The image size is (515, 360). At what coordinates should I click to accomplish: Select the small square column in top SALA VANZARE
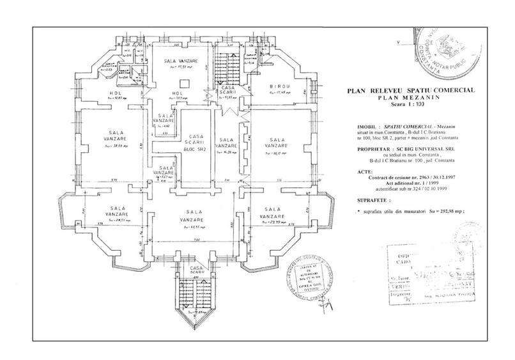[184, 81]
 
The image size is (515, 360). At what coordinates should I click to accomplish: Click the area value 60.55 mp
[194, 226]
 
